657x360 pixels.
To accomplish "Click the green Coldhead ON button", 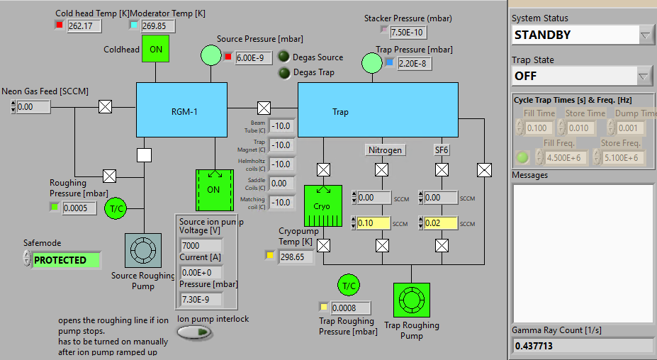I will tap(156, 49).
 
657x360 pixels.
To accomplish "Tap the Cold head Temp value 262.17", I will tap(85, 26).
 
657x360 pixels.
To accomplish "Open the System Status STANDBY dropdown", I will tap(583, 35).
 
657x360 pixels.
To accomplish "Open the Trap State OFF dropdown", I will tap(583, 75).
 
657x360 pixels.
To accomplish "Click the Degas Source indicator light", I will tap(283, 57).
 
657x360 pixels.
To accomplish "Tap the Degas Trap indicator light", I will tap(283, 72).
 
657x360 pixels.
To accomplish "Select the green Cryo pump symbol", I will tap(322, 206).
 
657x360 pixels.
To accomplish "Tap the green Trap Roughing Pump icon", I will tap(411, 301).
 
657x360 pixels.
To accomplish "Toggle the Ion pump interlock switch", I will tap(194, 332).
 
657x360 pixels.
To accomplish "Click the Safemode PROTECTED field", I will tap(66, 260).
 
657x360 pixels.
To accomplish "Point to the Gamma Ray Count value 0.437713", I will tap(582, 346).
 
